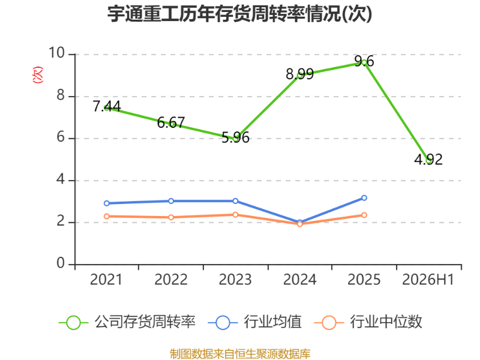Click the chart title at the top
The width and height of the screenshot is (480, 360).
click(239, 14)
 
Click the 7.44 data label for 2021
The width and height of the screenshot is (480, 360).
click(107, 106)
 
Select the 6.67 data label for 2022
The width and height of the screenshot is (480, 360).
click(171, 123)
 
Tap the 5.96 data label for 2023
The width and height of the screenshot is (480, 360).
click(235, 137)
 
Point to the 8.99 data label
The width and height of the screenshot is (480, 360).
click(299, 74)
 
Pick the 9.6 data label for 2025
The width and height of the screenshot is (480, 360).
click(364, 61)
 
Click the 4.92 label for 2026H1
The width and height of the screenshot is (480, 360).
click(428, 160)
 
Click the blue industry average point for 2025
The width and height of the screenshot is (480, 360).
click(364, 198)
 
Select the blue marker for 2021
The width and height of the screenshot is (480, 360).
click(107, 203)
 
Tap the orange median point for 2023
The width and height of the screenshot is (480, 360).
click(235, 215)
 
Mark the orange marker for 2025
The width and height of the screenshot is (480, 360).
click(364, 215)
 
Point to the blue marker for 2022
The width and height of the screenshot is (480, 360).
click(171, 201)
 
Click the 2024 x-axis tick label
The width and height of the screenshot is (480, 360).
click(299, 280)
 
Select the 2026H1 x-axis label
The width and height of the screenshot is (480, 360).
click(428, 280)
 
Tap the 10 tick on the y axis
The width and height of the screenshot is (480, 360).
click(57, 53)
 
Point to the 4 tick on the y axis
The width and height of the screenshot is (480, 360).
click(61, 179)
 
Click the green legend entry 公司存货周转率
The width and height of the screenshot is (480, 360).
click(127, 322)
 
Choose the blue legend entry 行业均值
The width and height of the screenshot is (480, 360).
click(254, 322)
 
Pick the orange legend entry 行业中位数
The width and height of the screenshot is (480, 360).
click(368, 322)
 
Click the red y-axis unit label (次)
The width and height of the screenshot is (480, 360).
click(38, 74)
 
